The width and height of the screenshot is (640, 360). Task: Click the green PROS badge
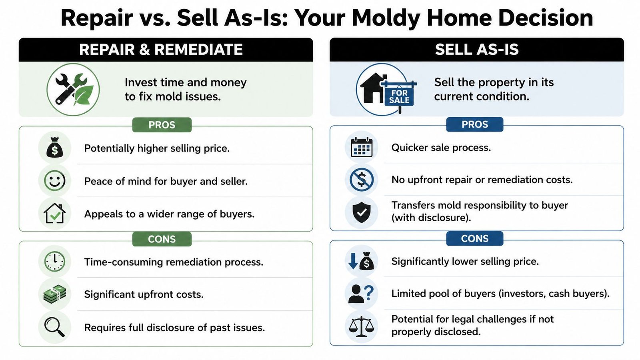(x=162, y=125)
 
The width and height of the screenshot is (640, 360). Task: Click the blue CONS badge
(x=474, y=238)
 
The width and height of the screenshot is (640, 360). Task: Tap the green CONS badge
(x=162, y=239)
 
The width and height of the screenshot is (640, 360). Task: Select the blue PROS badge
(x=474, y=124)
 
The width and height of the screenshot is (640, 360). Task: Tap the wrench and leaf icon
(x=73, y=90)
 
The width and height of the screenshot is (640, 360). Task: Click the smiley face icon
(x=55, y=181)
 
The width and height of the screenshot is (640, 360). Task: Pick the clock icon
(x=55, y=262)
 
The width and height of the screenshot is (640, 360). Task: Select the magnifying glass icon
(x=55, y=327)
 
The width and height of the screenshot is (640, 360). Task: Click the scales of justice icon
(x=361, y=326)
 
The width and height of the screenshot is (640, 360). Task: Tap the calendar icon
(x=361, y=147)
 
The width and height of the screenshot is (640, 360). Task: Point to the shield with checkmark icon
(x=361, y=212)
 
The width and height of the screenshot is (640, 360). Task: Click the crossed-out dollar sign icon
(x=361, y=180)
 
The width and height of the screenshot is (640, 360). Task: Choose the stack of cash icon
(x=55, y=294)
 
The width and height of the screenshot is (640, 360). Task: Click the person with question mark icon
(x=361, y=294)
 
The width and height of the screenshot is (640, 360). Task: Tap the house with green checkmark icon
(x=55, y=213)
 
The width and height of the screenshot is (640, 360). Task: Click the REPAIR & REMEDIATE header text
(x=161, y=50)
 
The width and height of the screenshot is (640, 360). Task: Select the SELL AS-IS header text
(x=476, y=50)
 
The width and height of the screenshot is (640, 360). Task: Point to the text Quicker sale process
(x=441, y=148)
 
